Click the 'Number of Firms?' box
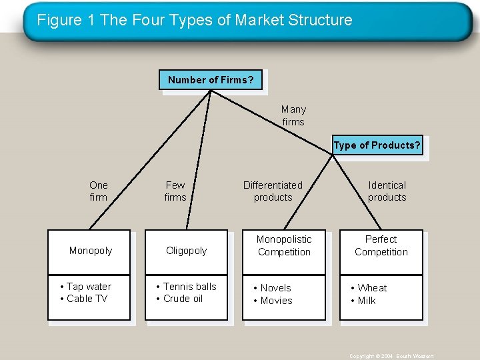pyautogui.click(x=211, y=80)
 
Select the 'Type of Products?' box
pyautogui.click(x=377, y=146)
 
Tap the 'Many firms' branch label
pyautogui.click(x=293, y=115)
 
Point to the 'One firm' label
pyautogui.click(x=98, y=191)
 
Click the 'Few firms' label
pyautogui.click(x=175, y=191)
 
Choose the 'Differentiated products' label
pyautogui.click(x=273, y=191)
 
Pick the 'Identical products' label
pyautogui.click(x=387, y=191)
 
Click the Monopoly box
pyautogui.click(x=90, y=251)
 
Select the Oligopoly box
pyautogui.click(x=187, y=251)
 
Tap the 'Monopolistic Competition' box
pyautogui.click(x=284, y=245)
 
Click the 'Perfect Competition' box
pyautogui.click(x=381, y=245)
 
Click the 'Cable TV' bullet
pyautogui.click(x=86, y=299)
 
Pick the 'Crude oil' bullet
pyautogui.click(x=182, y=299)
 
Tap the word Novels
pyautogui.click(x=275, y=288)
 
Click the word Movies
pyautogui.click(x=276, y=301)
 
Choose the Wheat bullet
pyautogui.click(x=371, y=288)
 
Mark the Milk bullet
pyautogui.click(x=366, y=301)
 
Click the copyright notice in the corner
pyautogui.click(x=391, y=356)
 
